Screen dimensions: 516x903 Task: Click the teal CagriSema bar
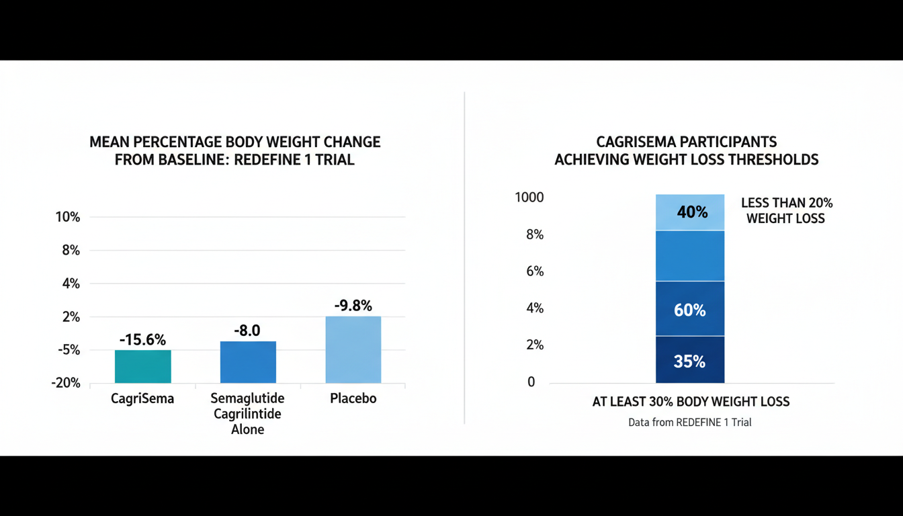pos(142,366)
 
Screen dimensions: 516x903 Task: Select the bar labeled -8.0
pos(248,362)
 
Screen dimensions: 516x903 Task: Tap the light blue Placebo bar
pos(353,349)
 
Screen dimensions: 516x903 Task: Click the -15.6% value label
pos(142,340)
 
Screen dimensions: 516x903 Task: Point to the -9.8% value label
pos(353,306)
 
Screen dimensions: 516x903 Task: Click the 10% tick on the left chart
pos(67,217)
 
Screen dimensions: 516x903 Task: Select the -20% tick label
pos(66,383)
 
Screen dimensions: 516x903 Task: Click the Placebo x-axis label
pos(353,398)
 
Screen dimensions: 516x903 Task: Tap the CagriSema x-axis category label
pos(142,398)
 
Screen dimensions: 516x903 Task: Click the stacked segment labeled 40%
pos(690,212)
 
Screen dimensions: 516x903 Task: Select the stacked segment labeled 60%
pos(690,309)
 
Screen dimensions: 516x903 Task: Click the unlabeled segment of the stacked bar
pos(690,256)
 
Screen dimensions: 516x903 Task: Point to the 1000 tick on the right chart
pos(529,198)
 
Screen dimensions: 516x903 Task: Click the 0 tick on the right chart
pos(531,382)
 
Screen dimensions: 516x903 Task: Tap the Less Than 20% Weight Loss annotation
pos(786,210)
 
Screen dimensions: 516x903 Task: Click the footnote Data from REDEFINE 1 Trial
pos(690,423)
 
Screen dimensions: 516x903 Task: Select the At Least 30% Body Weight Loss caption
pos(691,402)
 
